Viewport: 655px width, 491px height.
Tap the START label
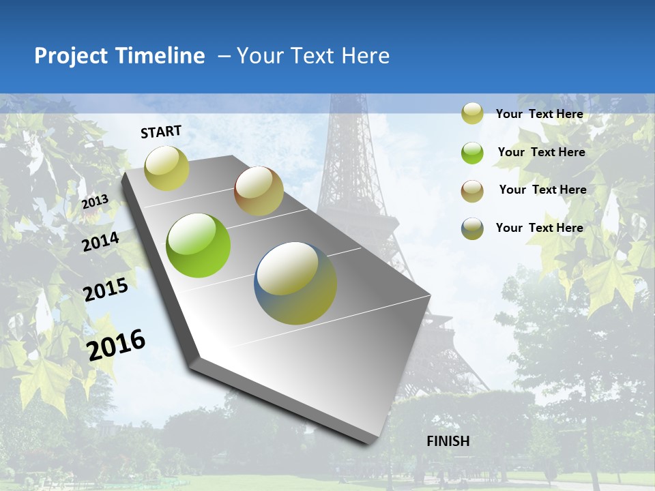[161, 132]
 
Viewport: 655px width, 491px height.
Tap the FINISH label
[448, 441]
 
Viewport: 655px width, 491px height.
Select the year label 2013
[95, 202]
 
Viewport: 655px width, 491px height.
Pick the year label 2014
[100, 242]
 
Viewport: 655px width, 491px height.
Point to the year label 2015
[106, 291]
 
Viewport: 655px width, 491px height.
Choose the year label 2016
[116, 344]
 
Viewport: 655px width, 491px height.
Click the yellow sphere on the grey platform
[167, 168]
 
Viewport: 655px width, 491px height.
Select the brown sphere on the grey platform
[259, 191]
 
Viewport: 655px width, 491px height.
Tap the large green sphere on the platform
[199, 245]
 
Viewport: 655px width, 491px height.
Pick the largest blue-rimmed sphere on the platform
[295, 283]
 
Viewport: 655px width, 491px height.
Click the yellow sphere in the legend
[472, 113]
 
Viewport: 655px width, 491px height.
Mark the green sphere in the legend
[472, 153]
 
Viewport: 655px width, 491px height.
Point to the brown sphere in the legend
[472, 191]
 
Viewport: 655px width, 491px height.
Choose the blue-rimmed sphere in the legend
[472, 228]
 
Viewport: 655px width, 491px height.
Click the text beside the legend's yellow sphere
[539, 114]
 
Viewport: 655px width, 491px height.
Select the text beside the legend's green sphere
[541, 152]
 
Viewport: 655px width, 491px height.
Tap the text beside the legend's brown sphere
[542, 190]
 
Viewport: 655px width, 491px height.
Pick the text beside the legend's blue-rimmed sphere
[539, 228]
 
